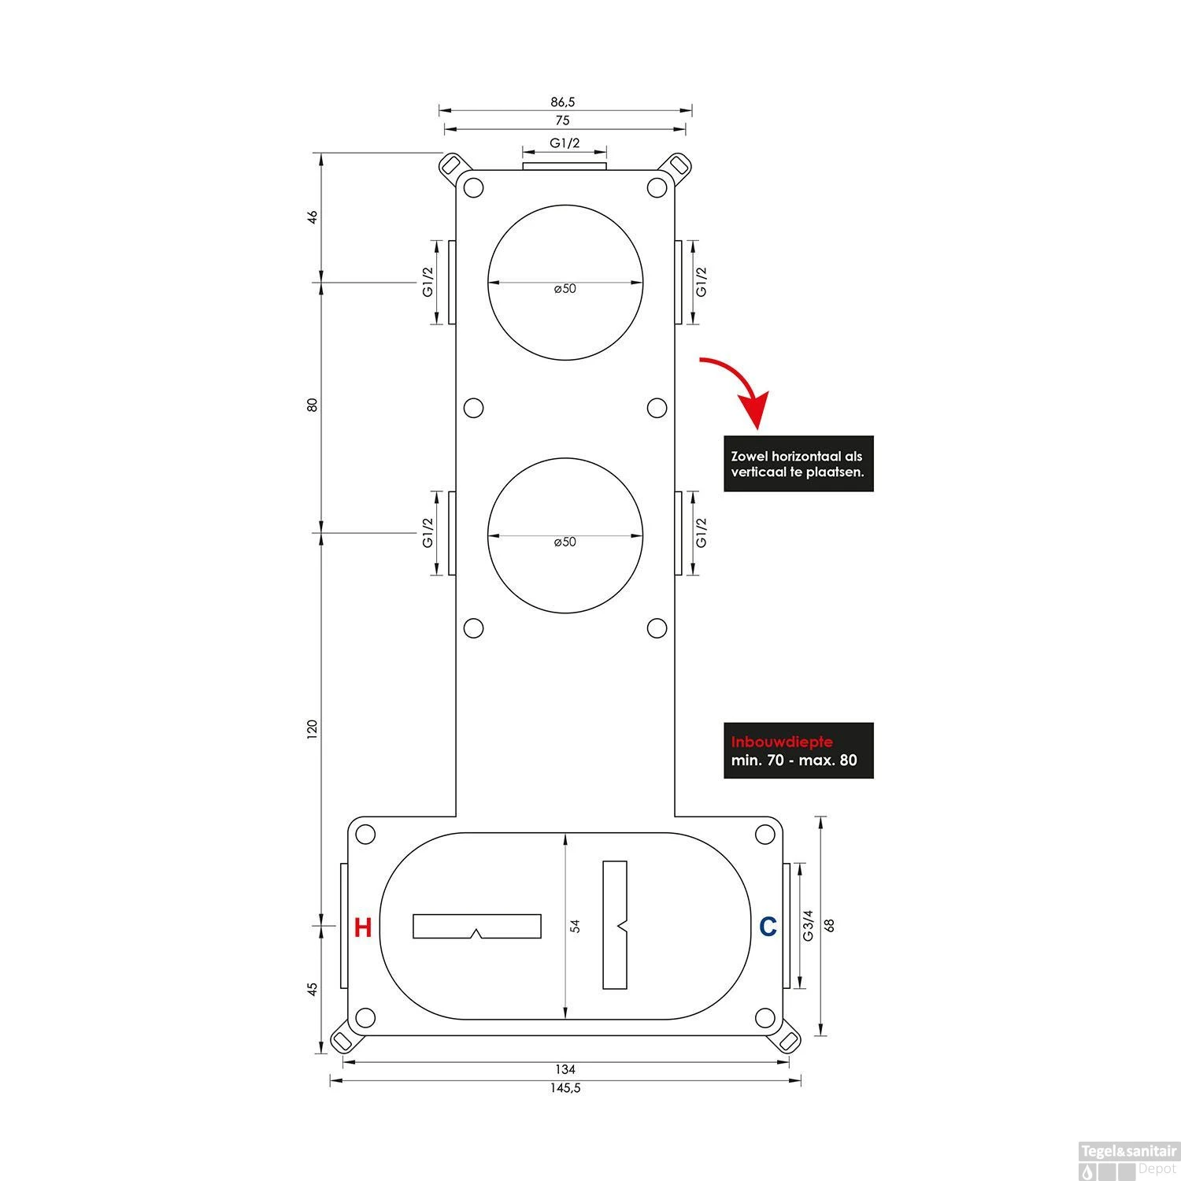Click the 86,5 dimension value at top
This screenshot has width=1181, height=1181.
[562, 102]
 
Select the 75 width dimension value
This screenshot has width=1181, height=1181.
[562, 120]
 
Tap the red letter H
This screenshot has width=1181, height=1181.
[362, 927]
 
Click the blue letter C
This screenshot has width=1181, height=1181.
[768, 927]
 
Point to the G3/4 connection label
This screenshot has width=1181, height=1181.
[808, 926]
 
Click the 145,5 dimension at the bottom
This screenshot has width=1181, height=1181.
[565, 1088]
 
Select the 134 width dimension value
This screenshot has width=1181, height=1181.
[565, 1069]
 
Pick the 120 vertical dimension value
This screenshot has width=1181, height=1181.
[312, 729]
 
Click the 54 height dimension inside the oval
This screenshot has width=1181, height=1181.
[575, 926]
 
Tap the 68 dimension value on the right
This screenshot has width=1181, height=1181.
[829, 926]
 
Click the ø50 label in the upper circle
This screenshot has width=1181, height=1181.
[565, 288]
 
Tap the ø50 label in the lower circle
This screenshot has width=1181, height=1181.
[565, 542]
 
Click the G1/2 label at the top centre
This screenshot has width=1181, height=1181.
[565, 143]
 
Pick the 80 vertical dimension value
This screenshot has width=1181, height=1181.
[312, 405]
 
